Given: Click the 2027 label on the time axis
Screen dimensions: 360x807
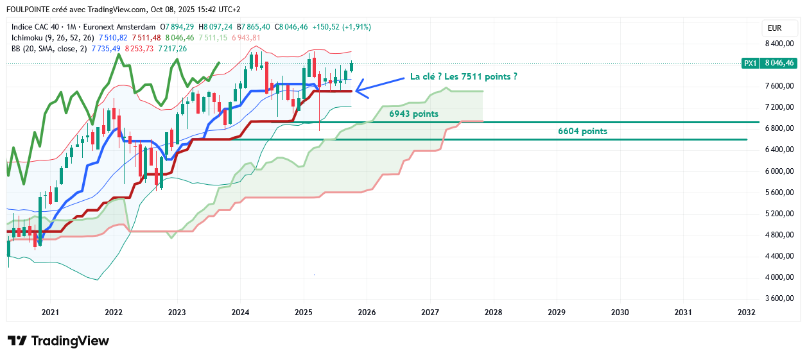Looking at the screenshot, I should [x=430, y=313].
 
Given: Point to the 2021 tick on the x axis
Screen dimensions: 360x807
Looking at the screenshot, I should [x=50, y=313].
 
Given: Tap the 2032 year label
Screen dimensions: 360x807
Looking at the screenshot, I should [x=747, y=313].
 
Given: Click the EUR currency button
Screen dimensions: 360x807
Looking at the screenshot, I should [x=774, y=28].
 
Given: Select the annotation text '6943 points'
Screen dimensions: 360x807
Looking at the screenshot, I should [x=414, y=114].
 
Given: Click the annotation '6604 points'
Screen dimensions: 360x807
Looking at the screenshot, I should [x=582, y=131].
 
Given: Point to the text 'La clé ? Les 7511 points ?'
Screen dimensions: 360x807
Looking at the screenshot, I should [x=464, y=76].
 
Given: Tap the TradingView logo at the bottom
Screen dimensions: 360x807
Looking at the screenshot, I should [x=58, y=341].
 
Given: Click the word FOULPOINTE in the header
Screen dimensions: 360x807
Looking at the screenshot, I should [x=30, y=10].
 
